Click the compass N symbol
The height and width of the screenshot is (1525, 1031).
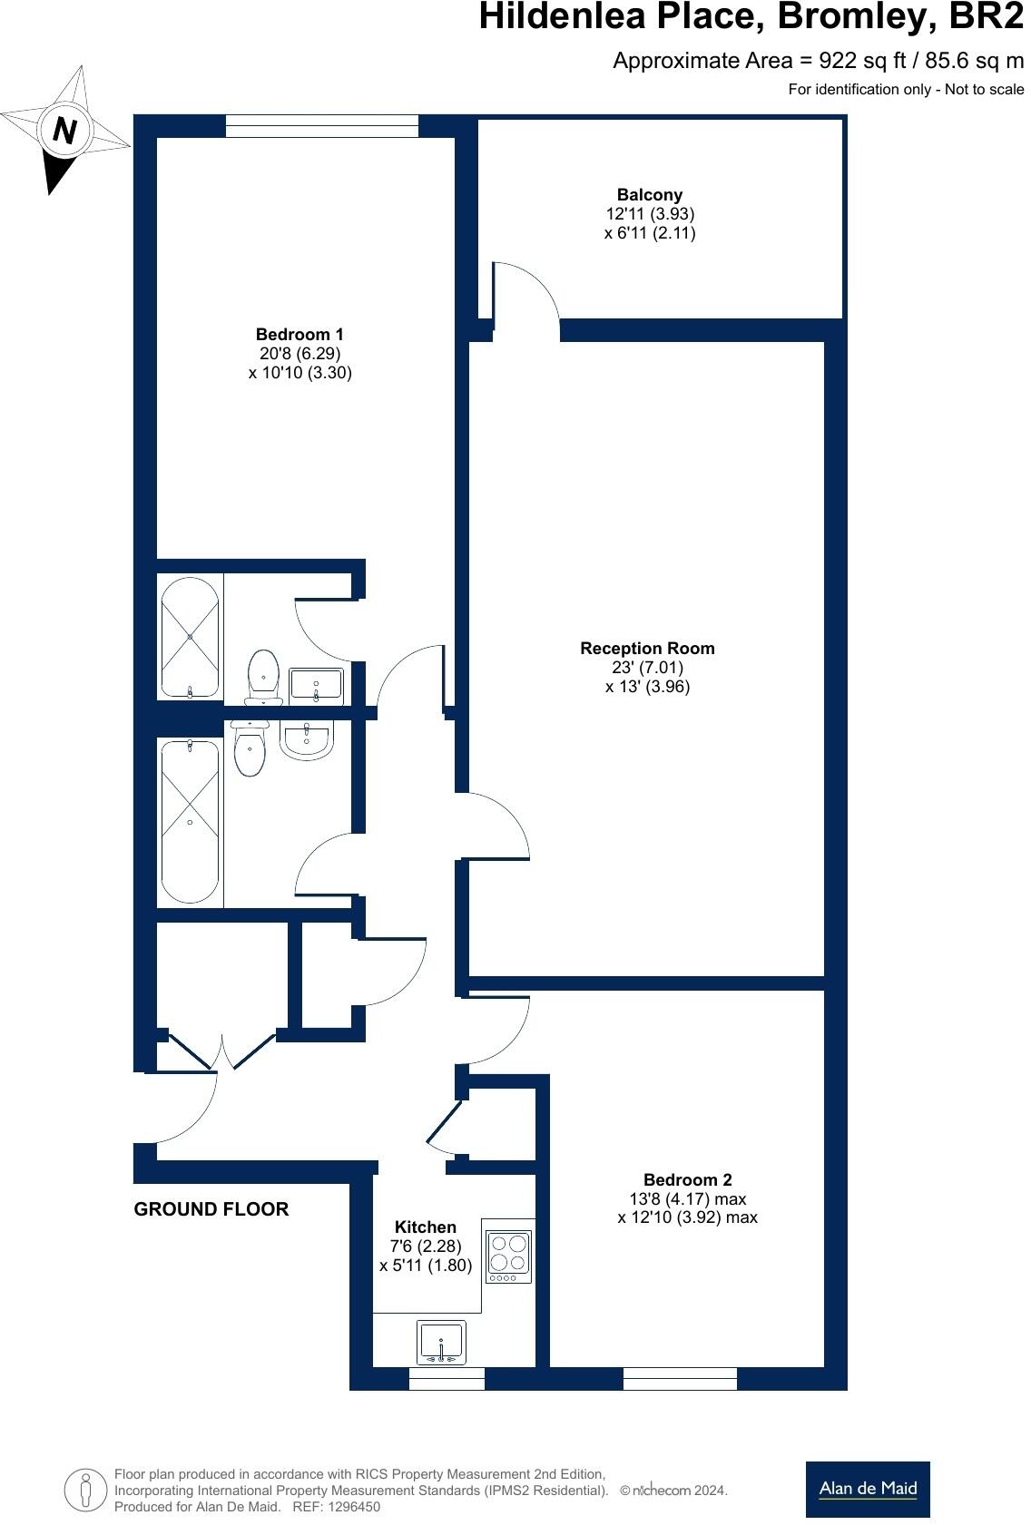pyautogui.click(x=64, y=131)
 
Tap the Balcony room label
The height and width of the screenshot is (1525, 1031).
pyautogui.click(x=649, y=195)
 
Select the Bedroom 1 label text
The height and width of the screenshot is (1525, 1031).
pyautogui.click(x=299, y=335)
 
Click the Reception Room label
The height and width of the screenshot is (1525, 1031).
pyautogui.click(x=647, y=649)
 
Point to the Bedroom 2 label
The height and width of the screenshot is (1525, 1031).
pyautogui.click(x=687, y=1180)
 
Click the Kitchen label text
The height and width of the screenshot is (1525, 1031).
pyautogui.click(x=426, y=1227)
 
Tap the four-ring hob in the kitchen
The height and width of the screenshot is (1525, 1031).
pyautogui.click(x=508, y=1254)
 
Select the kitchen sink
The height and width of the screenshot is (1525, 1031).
pyautogui.click(x=441, y=1342)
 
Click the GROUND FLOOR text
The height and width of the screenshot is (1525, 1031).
pyautogui.click(x=211, y=1209)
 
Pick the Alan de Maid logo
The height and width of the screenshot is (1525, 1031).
pyautogui.click(x=867, y=1489)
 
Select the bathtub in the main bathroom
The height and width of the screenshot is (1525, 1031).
pyautogui.click(x=190, y=821)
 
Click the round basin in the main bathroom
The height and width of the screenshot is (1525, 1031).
pyautogui.click(x=307, y=738)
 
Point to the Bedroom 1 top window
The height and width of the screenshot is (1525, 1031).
pyautogui.click(x=321, y=126)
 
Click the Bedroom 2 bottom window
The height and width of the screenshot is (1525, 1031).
pyautogui.click(x=680, y=1379)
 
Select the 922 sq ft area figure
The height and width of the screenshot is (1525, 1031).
pyautogui.click(x=859, y=61)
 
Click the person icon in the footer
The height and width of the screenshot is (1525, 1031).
pyautogui.click(x=85, y=1490)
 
